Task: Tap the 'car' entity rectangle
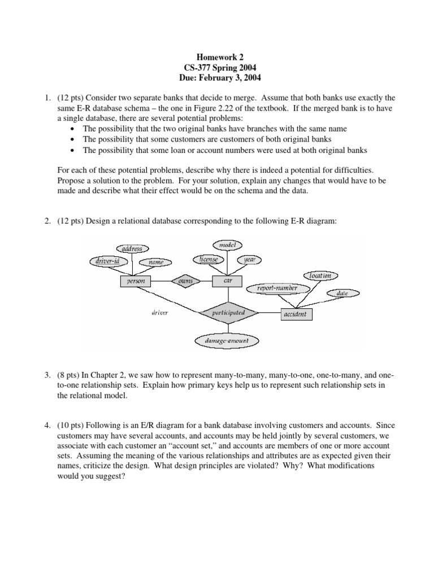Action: (x=228, y=281)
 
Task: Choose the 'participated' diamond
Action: (x=228, y=312)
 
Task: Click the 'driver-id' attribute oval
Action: (x=107, y=261)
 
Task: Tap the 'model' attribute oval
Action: (x=228, y=244)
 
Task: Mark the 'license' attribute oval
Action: (x=209, y=259)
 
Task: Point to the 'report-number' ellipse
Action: (x=274, y=288)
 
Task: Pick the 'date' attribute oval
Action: (x=342, y=294)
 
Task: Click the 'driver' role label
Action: (x=159, y=312)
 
